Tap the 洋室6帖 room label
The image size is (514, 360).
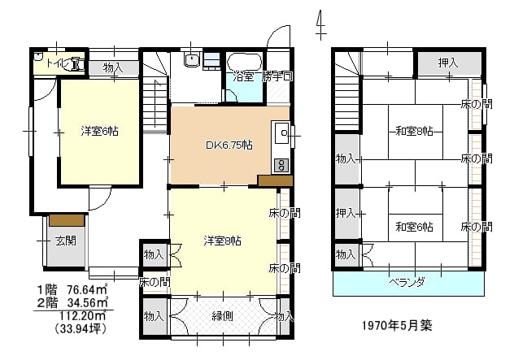coord(100,131)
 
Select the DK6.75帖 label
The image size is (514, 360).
coord(229,145)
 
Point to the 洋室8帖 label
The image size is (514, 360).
coord(223,241)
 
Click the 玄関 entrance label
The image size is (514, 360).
coord(66,241)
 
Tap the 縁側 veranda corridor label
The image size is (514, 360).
coord(223,316)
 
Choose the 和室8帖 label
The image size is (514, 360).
coord(414,132)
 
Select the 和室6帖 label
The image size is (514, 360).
coord(414,227)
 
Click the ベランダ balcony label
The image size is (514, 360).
coord(407,282)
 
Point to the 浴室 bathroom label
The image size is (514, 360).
coord(243,77)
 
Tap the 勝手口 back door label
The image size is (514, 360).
coord(277,77)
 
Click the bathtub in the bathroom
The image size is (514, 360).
coord(245,61)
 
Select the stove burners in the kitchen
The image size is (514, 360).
coord(281,166)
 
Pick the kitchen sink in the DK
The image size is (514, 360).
coord(281,133)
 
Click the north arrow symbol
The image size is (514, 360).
coord(320,24)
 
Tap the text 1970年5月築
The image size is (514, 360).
coord(398,325)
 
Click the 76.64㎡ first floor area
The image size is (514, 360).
coord(88,289)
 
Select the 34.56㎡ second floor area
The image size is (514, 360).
coord(88,302)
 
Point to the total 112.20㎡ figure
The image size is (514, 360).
coord(82,315)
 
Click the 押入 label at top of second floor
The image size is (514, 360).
coord(448,63)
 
